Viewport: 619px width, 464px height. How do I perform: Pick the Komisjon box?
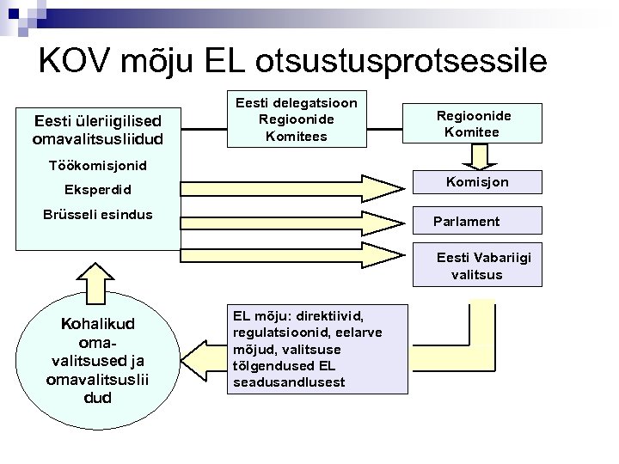coord(477,182)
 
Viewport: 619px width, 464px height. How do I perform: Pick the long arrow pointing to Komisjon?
coord(292,187)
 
